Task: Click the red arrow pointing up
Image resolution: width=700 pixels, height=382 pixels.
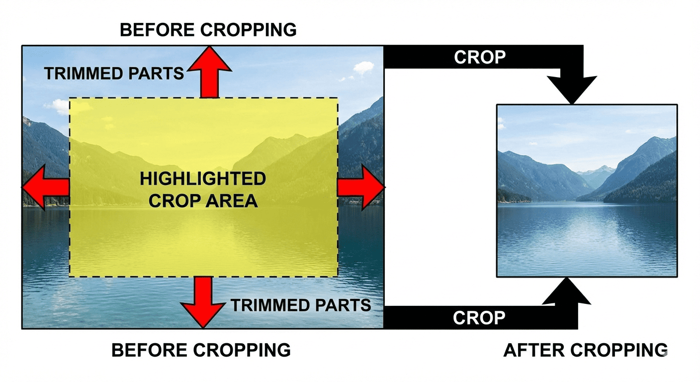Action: [x=209, y=72]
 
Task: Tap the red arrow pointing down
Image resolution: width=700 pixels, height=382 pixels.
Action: [x=203, y=302]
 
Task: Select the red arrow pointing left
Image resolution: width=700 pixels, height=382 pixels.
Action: [x=46, y=187]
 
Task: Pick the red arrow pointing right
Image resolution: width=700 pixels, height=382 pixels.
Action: [x=361, y=187]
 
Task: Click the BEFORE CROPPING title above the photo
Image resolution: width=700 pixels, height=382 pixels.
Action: [x=208, y=30]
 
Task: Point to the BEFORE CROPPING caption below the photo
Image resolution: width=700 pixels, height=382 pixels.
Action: [x=201, y=350]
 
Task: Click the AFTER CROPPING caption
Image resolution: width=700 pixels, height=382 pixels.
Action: [x=585, y=350]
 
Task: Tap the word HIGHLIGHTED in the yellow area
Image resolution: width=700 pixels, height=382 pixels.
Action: [x=203, y=179]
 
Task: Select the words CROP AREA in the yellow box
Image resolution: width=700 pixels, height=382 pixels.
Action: [x=203, y=200]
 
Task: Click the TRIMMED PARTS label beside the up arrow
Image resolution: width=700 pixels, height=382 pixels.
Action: [x=114, y=74]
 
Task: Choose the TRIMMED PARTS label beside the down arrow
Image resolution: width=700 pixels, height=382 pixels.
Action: [x=301, y=305]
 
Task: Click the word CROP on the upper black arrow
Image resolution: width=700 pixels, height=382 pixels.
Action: [x=480, y=57]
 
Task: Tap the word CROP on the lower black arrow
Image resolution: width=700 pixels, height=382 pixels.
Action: [x=479, y=318]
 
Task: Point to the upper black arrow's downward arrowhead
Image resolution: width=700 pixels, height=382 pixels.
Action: [x=572, y=90]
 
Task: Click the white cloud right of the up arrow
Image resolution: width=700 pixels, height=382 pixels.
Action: [x=364, y=67]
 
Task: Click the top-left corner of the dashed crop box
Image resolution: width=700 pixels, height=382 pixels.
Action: [x=70, y=98]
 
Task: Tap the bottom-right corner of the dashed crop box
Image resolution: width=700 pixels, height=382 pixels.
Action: [x=338, y=277]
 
